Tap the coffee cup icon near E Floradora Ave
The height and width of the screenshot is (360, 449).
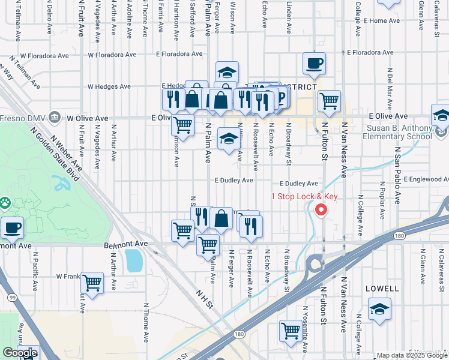(x=313, y=64)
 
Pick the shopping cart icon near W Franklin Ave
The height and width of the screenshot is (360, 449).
(x=92, y=282)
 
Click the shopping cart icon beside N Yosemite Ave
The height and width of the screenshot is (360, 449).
(x=291, y=331)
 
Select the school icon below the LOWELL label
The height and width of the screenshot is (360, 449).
(x=379, y=310)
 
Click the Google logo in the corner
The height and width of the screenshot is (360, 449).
(x=20, y=353)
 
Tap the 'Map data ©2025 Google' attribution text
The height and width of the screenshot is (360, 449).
(x=412, y=355)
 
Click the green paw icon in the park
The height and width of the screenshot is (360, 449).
(x=5, y=202)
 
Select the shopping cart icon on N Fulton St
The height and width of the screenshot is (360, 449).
(x=329, y=102)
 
